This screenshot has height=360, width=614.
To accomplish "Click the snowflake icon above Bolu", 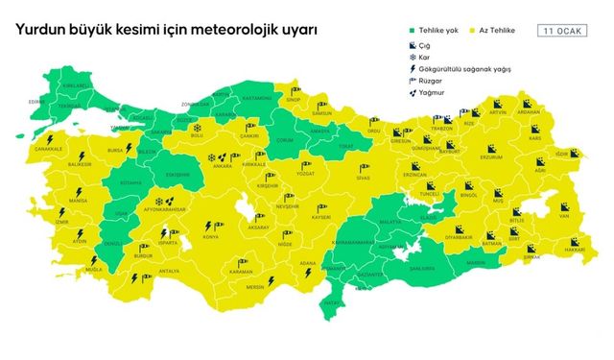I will point(197,127).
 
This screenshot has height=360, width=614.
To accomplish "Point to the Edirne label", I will point(37,100).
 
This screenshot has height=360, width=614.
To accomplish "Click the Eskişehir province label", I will point(176,175).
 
